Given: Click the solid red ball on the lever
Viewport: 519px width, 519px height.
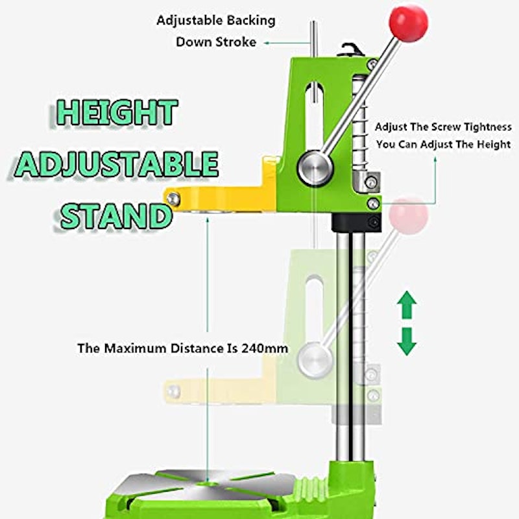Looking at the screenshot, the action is pos(408,23).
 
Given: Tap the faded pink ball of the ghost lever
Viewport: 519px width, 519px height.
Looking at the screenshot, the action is pos(409,215).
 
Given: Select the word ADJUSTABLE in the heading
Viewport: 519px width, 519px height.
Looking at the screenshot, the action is pos(117,165).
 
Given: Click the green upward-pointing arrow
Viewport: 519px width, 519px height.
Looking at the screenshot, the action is pos(407,305).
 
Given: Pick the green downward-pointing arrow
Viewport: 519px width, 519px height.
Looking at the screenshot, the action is pos(407,342).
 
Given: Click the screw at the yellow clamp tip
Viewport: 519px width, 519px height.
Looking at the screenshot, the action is pos(173,199).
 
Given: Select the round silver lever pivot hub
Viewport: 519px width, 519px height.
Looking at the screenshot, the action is pos(315,168).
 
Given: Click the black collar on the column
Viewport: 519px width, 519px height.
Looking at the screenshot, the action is pos(356,223).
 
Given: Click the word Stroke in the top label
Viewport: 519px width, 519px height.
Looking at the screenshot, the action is pos(236,42).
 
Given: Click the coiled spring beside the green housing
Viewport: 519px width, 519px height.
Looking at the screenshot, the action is pos(361,123).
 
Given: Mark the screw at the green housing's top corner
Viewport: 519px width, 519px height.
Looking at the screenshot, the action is pos(373,64).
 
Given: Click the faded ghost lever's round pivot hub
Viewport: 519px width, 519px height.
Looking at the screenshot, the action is pos(315,360).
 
